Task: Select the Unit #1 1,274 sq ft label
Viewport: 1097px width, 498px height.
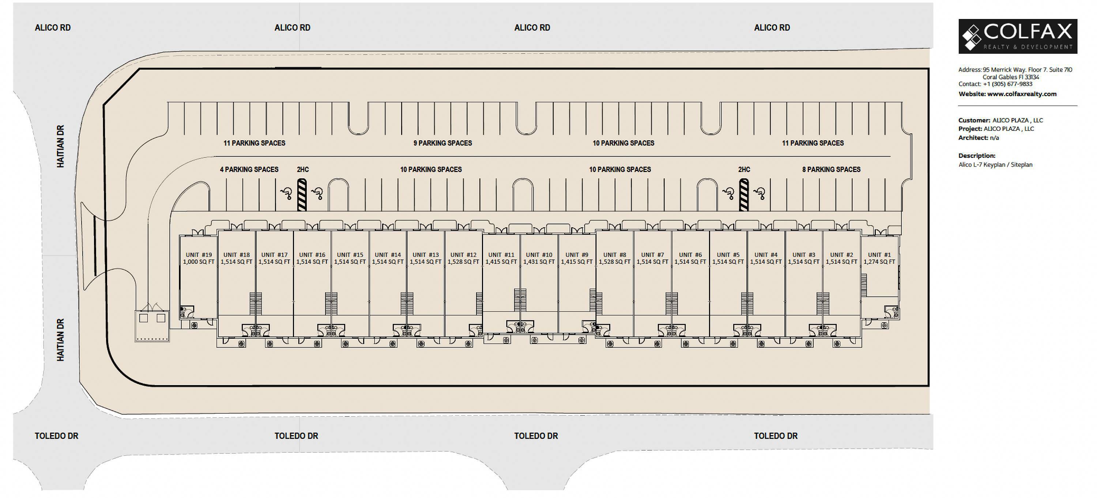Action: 879,258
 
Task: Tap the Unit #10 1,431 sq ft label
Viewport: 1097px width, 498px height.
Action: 539,258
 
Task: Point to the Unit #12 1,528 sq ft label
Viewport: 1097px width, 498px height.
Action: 463,258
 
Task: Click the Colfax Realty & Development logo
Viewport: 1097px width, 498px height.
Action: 1018,36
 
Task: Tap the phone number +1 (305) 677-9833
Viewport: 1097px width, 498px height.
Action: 1007,84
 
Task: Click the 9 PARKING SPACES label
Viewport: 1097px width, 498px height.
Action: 442,143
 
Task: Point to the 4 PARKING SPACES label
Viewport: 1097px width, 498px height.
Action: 249,170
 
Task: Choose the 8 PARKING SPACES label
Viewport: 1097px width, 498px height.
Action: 831,170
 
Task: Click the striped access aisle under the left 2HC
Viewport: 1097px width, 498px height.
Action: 302,195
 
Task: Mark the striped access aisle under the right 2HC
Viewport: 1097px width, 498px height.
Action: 744,195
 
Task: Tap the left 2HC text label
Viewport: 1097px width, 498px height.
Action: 303,170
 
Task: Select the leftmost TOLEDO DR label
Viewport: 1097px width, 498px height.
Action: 56,436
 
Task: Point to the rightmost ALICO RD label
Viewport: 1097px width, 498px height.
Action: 772,28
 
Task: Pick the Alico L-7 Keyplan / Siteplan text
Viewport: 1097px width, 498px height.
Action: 996,165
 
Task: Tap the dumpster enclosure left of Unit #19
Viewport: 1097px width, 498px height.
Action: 152,326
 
